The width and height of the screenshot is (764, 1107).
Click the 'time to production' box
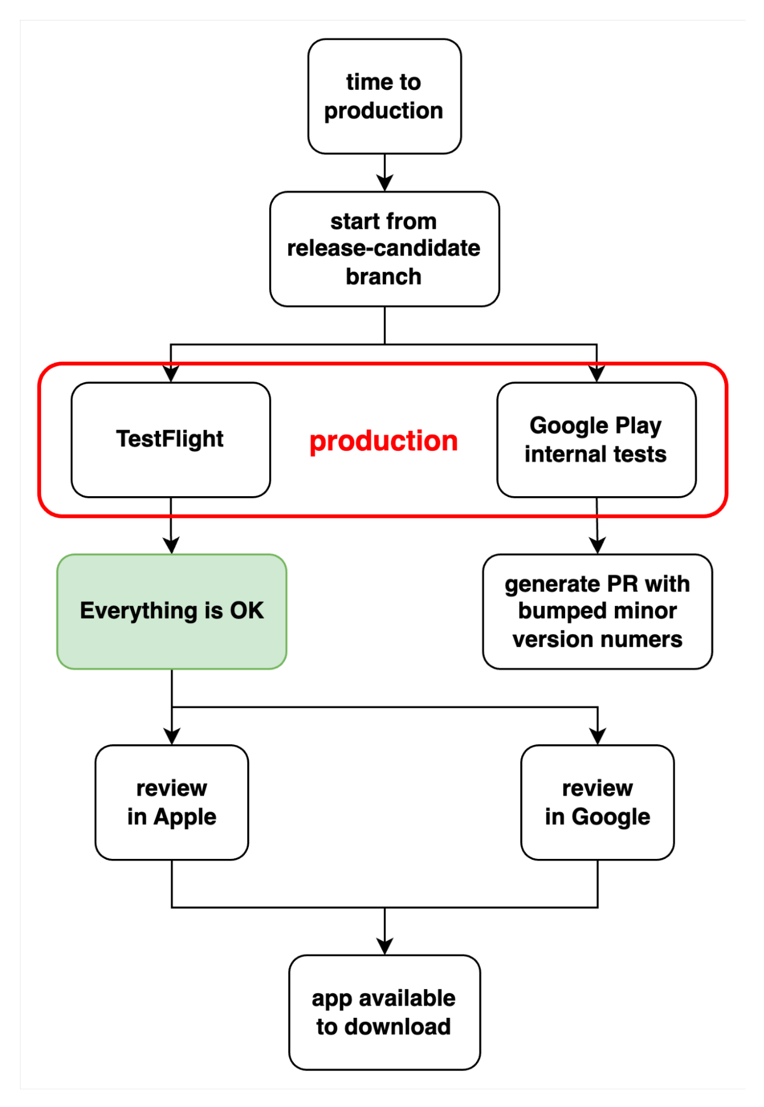pyautogui.click(x=384, y=96)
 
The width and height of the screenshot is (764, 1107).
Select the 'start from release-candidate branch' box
pyautogui.click(x=384, y=249)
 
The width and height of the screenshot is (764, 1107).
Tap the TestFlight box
pyautogui.click(x=171, y=440)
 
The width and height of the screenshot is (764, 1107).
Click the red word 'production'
pyautogui.click(x=383, y=441)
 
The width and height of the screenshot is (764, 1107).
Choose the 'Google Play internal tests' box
pyautogui.click(x=596, y=440)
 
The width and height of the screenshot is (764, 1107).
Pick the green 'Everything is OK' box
pyautogui.click(x=172, y=611)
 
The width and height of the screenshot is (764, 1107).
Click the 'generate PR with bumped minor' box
pyautogui.click(x=597, y=611)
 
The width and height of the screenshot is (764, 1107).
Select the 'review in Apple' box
pyautogui.click(x=172, y=802)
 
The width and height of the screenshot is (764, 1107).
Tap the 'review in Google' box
pyautogui.click(x=597, y=802)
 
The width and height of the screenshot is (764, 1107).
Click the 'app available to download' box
pyautogui.click(x=384, y=1012)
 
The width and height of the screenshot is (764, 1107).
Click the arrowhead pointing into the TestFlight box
pyautogui.click(x=171, y=374)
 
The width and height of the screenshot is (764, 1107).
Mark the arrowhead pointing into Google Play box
pyautogui.click(x=596, y=374)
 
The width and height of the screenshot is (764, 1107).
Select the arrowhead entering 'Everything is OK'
pyautogui.click(x=171, y=546)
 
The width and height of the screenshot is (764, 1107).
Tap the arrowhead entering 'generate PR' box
pyautogui.click(x=597, y=546)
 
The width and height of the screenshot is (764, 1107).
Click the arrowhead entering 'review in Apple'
pyautogui.click(x=172, y=737)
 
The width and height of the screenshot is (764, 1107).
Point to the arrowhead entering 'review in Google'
pyautogui.click(x=597, y=737)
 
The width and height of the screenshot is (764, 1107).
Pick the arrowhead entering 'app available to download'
pyautogui.click(x=384, y=947)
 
